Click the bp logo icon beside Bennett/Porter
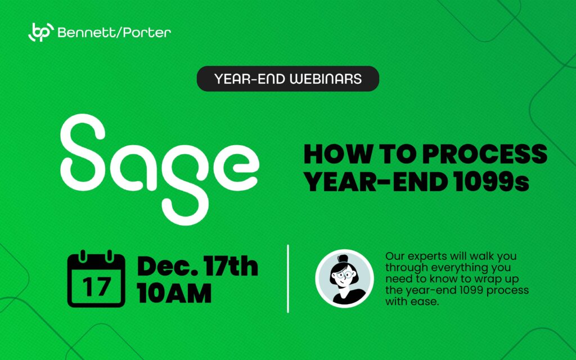pos(41,32)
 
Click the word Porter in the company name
pos(147,33)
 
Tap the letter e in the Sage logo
pos(236,168)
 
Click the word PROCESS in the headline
pos(484,154)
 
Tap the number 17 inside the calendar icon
pos(96,287)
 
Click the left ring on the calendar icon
pos(83,256)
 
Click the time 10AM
pos(174,293)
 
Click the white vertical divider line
pos(287,279)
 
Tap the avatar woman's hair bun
pos(343,258)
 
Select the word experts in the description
pos(427,256)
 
